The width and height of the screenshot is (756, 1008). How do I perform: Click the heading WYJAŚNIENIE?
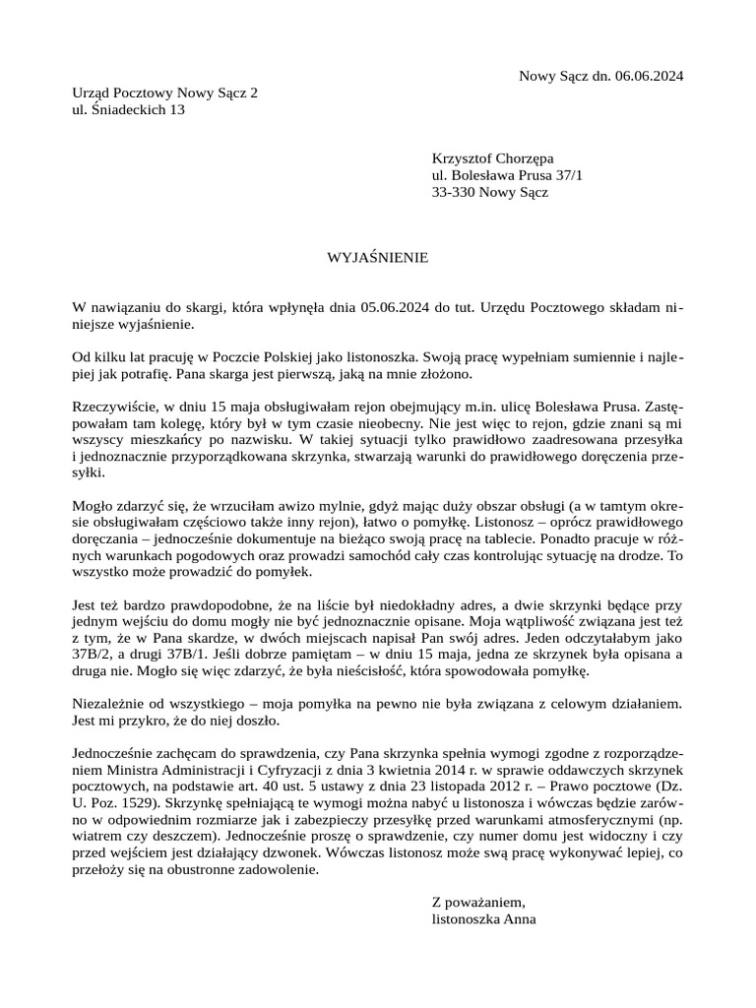[378, 258]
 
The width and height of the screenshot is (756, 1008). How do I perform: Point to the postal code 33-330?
[454, 192]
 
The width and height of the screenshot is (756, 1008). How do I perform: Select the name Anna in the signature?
[519, 918]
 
